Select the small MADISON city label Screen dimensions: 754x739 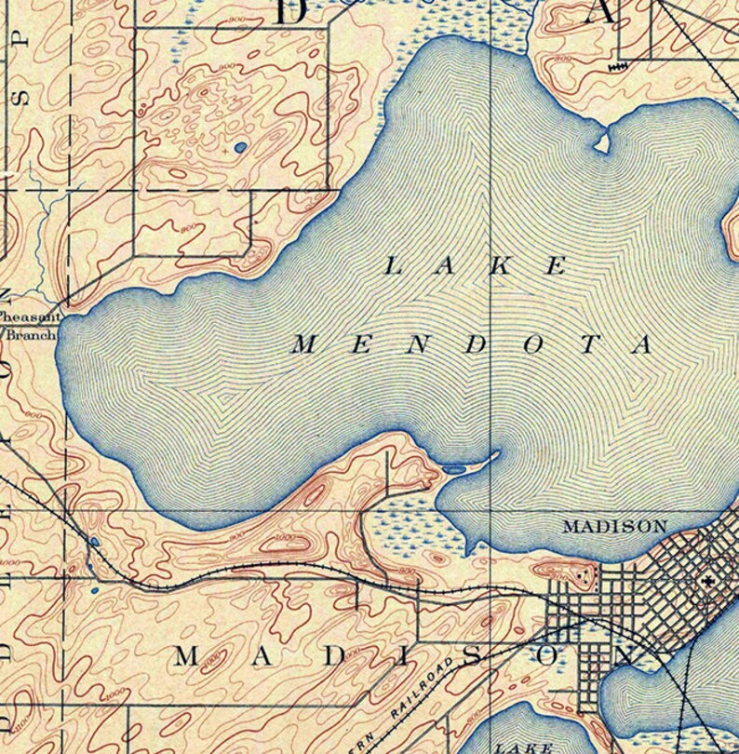click(x=614, y=526)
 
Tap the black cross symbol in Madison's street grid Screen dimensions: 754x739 click(x=709, y=581)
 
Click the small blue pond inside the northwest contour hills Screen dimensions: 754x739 click(x=240, y=147)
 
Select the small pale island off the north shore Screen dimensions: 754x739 click(x=601, y=142)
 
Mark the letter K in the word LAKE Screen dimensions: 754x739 click(x=502, y=266)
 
